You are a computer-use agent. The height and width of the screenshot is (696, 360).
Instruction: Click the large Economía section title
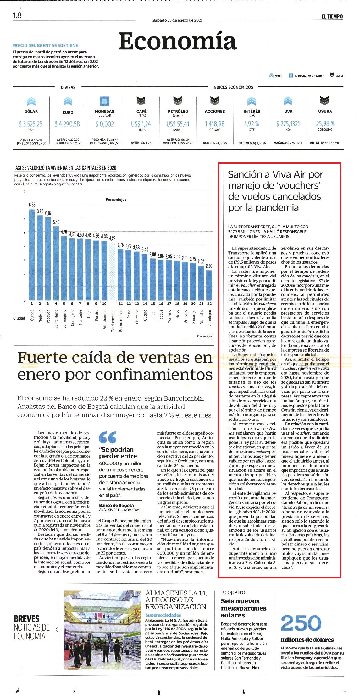[177, 41]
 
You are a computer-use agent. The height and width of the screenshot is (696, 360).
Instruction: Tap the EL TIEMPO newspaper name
[332, 17]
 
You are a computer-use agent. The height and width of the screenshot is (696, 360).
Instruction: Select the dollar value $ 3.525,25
[31, 124]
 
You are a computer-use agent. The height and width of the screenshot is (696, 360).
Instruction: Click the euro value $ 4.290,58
[67, 124]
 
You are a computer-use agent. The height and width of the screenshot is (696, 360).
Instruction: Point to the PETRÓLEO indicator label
[178, 112]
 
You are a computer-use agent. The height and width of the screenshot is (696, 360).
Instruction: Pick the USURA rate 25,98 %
[325, 124]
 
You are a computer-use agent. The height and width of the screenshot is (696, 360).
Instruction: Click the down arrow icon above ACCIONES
[215, 101]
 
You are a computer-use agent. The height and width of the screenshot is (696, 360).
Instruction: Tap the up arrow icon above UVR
[288, 101]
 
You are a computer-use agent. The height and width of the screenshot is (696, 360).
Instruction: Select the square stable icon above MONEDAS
[104, 101]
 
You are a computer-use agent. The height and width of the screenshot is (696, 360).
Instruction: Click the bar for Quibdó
[32, 255]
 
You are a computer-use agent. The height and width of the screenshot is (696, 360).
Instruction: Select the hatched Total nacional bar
[112, 271]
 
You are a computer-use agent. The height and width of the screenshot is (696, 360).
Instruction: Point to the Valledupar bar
[209, 285]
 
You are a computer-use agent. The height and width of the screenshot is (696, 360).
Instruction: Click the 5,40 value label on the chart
[56, 222]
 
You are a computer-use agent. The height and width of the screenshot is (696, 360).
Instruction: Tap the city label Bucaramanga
[121, 321]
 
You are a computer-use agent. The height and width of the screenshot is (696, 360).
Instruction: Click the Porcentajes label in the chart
[116, 200]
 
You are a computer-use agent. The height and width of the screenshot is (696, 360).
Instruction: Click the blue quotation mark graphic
[108, 437]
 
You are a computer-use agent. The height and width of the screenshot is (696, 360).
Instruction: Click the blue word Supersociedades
[163, 615]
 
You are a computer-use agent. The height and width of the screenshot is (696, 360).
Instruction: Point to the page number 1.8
[17, 15]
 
